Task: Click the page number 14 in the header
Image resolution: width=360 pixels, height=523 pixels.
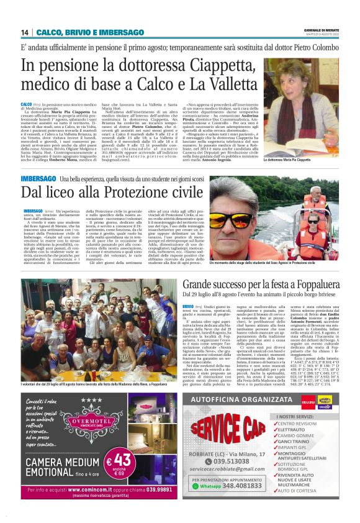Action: click(x=25, y=32)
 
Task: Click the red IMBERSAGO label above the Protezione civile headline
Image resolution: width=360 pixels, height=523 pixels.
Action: click(x=37, y=179)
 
